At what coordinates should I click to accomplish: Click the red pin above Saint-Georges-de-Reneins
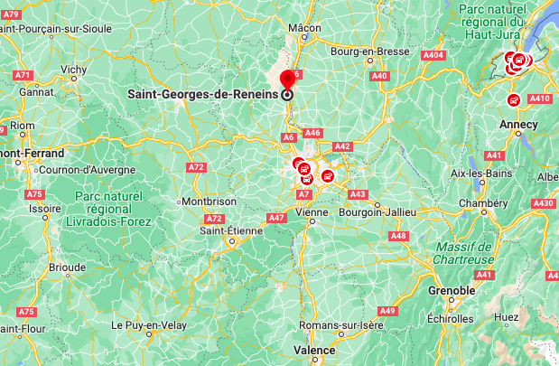[x=288, y=78]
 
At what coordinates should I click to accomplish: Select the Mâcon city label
[x=305, y=27]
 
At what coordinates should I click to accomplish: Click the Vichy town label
[x=73, y=69]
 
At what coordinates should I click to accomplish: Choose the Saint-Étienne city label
[x=231, y=230]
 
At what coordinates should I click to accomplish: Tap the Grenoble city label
[x=451, y=290]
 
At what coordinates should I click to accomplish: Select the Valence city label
[x=313, y=350]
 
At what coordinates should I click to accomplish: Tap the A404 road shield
[x=435, y=56]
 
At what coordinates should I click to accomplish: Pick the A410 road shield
[x=540, y=99]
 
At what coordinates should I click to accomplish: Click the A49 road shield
[x=387, y=311]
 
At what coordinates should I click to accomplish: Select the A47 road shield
[x=277, y=218]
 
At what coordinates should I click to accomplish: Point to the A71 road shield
[x=24, y=75]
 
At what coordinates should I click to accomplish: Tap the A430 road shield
[x=544, y=203]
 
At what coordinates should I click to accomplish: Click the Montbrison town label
[x=209, y=201]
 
